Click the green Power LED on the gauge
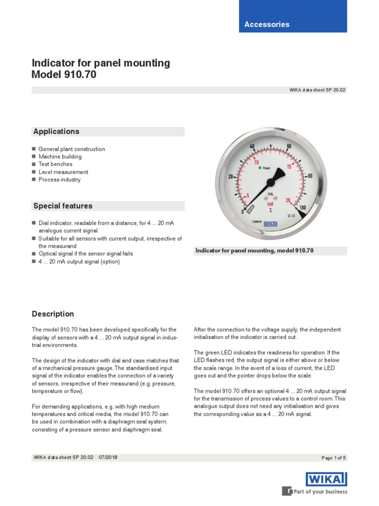(260, 168)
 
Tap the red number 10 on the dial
(256, 162)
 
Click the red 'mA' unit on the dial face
(270, 204)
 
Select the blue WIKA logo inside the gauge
(270, 223)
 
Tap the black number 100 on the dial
(302, 208)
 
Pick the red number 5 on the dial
(247, 195)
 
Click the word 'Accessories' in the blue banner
(267, 24)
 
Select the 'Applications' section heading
(56, 131)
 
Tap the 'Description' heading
(53, 314)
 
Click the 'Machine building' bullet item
(60, 157)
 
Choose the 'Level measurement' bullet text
(63, 172)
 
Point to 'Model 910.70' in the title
(64, 75)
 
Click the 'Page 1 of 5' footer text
(334, 458)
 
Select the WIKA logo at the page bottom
(326, 479)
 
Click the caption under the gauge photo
(255, 251)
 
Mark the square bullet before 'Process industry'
(34, 180)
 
